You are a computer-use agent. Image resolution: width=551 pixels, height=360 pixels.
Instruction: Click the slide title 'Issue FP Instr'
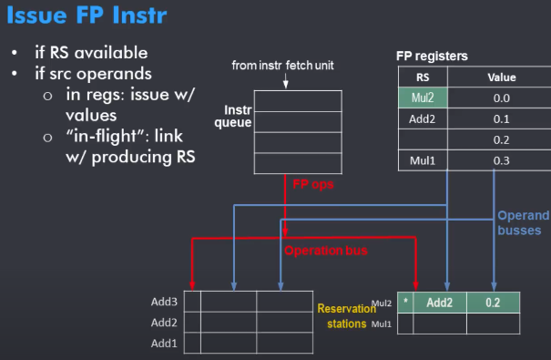pyautogui.click(x=87, y=15)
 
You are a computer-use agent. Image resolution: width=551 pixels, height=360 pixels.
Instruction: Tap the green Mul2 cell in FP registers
pyautogui.click(x=423, y=98)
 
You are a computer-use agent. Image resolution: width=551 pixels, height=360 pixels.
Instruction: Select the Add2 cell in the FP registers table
pyautogui.click(x=423, y=118)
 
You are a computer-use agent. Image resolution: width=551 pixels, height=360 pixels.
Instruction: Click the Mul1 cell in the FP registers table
pyautogui.click(x=423, y=160)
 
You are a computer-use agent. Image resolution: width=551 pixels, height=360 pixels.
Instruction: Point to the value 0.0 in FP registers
pyautogui.click(x=502, y=98)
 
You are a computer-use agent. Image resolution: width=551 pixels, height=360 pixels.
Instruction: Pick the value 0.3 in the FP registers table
pyautogui.click(x=502, y=160)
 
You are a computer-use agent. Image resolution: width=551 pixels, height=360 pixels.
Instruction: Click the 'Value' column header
pyautogui.click(x=502, y=77)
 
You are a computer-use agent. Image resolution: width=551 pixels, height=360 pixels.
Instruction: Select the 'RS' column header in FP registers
pyautogui.click(x=423, y=77)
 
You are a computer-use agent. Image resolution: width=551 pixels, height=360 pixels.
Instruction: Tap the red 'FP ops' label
pyautogui.click(x=313, y=184)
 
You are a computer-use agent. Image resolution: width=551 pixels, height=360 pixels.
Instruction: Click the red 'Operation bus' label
pyautogui.click(x=326, y=251)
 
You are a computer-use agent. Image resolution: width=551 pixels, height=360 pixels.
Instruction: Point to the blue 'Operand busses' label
pyautogui.click(x=524, y=222)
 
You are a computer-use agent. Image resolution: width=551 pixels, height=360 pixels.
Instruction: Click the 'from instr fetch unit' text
pyautogui.click(x=282, y=65)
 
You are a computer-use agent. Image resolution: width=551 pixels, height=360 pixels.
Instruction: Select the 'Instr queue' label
pyautogui.click(x=233, y=116)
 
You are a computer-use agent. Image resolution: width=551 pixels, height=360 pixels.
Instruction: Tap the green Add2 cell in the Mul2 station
pyautogui.click(x=440, y=303)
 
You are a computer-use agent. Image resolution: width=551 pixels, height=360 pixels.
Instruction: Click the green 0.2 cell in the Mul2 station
pyautogui.click(x=493, y=303)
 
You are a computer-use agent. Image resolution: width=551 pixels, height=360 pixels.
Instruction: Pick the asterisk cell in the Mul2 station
pyautogui.click(x=405, y=302)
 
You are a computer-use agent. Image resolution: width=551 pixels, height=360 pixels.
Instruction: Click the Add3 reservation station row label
pyautogui.click(x=164, y=302)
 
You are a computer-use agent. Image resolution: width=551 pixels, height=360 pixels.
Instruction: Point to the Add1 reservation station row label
pyautogui.click(x=164, y=343)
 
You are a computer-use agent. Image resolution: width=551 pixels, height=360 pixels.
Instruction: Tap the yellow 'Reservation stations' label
pyautogui.click(x=346, y=315)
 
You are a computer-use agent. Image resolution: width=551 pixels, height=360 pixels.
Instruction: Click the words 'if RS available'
pyautogui.click(x=91, y=53)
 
